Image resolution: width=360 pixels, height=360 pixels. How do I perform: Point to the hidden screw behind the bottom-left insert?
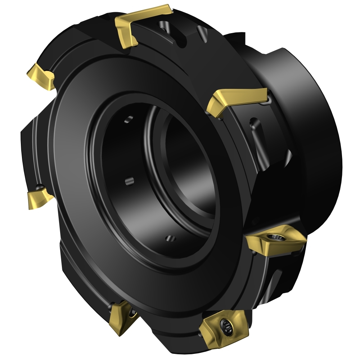coord(134,310)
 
